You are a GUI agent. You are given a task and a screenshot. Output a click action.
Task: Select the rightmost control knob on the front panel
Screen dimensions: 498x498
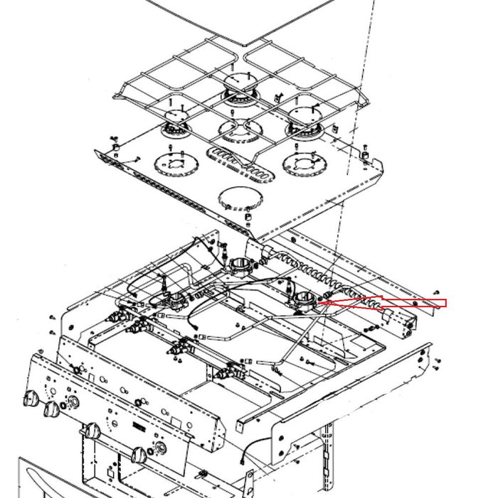pos(139,453)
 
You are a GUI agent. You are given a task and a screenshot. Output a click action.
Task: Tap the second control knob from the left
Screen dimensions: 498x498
pos(51,409)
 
